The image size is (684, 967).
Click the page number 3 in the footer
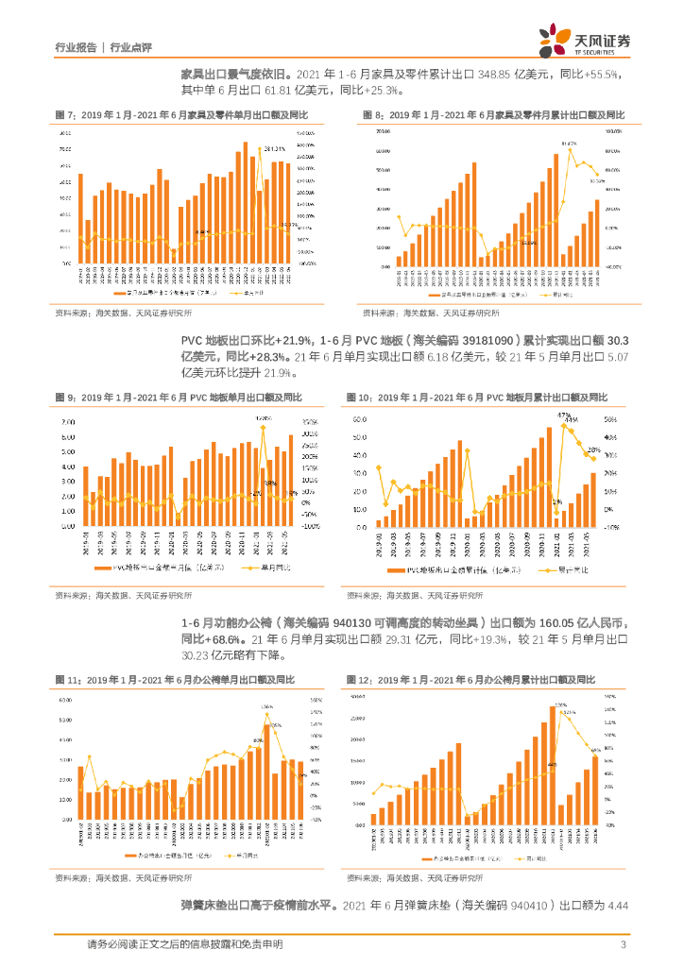623,944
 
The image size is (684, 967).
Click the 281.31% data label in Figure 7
275,148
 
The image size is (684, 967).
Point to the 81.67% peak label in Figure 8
567,144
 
